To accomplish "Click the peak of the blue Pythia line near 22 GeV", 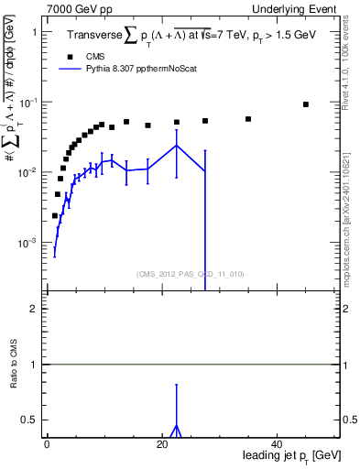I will pos(176,146).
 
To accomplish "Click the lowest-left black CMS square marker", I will pos(55,216).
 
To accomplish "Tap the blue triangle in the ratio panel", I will pos(176,430).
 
